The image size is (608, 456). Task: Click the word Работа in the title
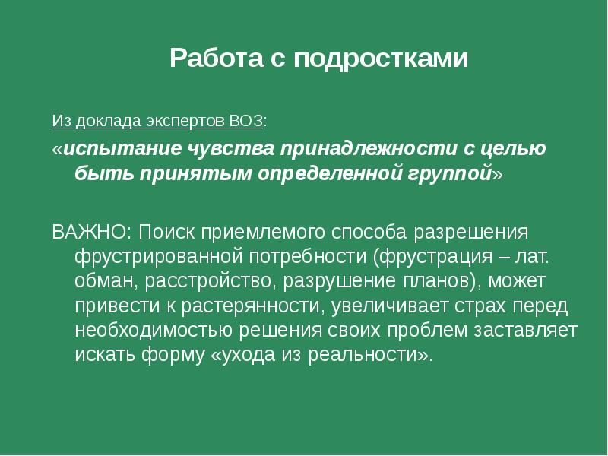pos(216,59)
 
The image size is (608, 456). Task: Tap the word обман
pos(99,282)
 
